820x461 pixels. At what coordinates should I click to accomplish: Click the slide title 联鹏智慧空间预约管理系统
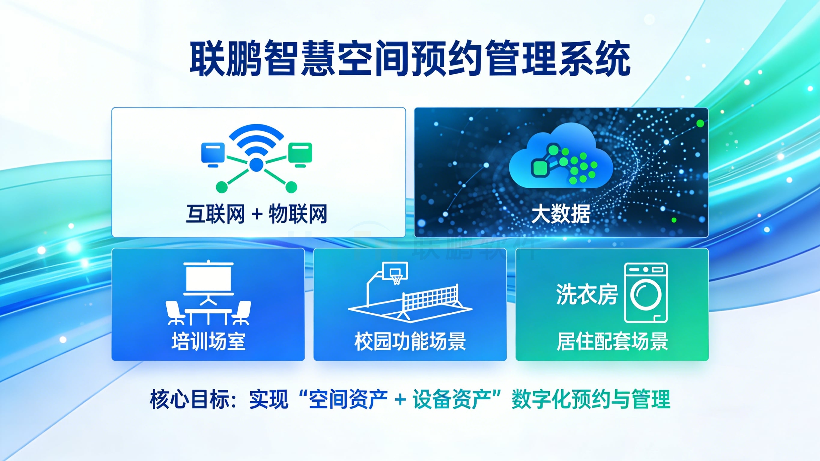click(410, 58)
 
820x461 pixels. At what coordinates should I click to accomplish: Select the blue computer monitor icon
click(213, 154)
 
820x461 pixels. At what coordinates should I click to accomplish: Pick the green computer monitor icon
click(300, 154)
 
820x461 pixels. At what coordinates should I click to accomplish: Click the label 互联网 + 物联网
click(257, 214)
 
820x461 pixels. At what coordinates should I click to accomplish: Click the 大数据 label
click(561, 214)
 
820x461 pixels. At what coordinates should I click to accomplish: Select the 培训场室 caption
click(208, 341)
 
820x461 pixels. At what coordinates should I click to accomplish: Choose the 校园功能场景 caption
click(410, 341)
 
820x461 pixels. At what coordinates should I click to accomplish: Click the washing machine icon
click(645, 293)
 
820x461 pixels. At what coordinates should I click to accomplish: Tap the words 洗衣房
click(587, 295)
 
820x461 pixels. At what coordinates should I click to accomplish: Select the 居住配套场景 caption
click(612, 341)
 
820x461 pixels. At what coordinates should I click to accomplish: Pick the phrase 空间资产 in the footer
click(348, 399)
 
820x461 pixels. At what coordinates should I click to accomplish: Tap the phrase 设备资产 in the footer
click(452, 399)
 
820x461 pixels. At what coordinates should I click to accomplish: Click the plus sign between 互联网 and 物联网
click(257, 214)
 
